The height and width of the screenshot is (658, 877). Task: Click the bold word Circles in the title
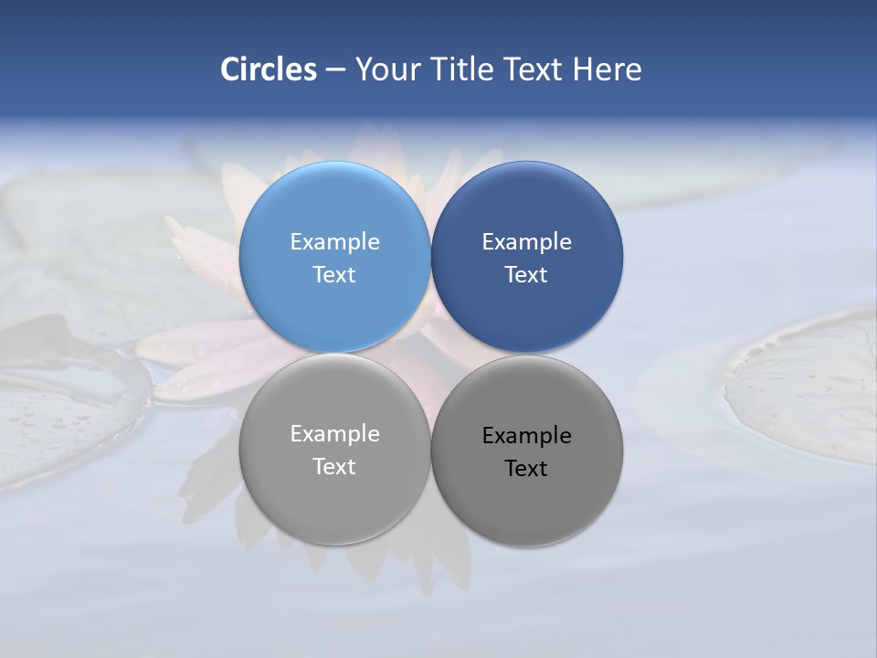pos(269,69)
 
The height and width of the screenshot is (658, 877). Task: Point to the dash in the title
pos(335,70)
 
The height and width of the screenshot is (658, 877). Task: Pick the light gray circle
pos(334,498)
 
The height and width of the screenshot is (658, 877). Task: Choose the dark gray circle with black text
pos(527,498)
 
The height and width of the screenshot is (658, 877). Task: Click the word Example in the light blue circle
pos(334,242)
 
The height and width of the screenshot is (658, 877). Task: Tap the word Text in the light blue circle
pos(334,275)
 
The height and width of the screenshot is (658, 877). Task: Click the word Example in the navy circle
pos(527,242)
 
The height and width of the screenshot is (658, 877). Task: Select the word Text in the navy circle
pos(527,275)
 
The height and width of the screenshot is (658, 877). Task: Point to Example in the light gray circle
pos(334,434)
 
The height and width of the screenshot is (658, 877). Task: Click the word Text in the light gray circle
pos(334,467)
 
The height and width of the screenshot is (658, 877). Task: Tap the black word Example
pos(527,436)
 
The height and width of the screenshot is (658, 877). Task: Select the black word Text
pos(527,469)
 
